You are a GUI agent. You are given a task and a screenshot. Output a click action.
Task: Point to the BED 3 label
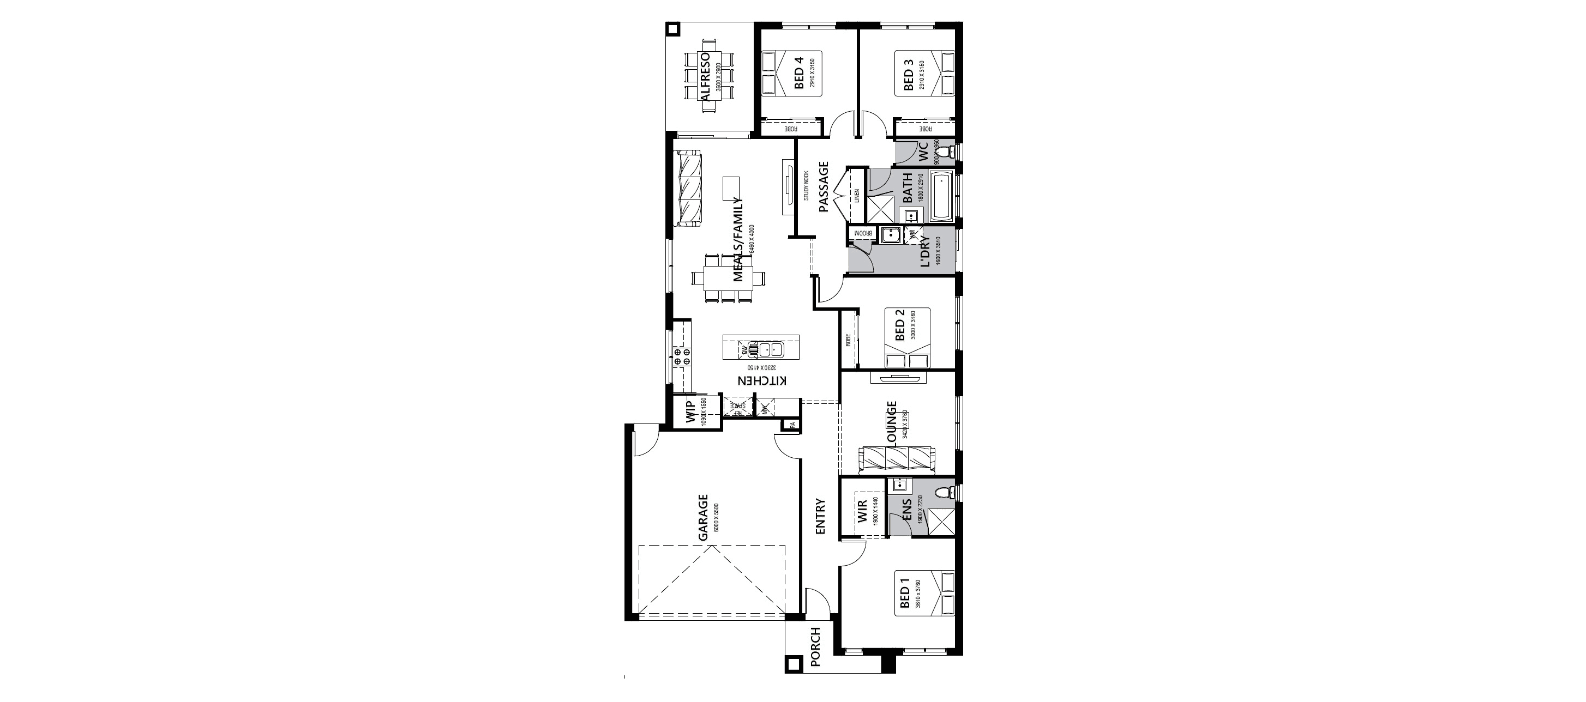pos(908,76)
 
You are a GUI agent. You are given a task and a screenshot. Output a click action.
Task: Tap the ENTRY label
pos(820,516)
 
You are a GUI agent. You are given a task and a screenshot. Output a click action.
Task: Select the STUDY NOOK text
pos(806,185)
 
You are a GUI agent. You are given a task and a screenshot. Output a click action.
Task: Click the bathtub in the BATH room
pos(941,196)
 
